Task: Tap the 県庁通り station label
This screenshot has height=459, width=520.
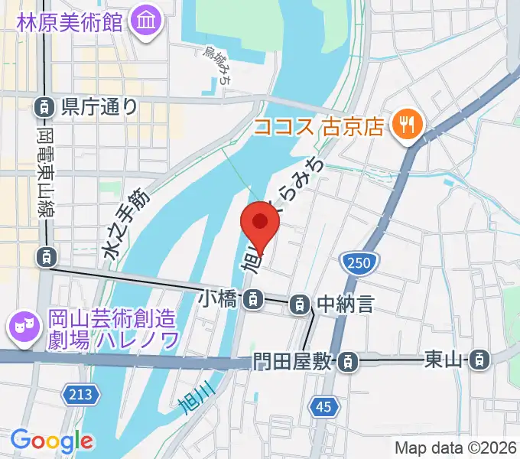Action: click(x=99, y=106)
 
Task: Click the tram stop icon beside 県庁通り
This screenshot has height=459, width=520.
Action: click(x=45, y=106)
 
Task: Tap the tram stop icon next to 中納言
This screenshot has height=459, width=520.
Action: click(x=300, y=304)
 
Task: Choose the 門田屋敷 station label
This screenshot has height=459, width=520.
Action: click(x=294, y=360)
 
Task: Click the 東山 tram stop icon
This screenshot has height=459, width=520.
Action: click(x=479, y=358)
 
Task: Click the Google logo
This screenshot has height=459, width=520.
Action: click(x=51, y=441)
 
